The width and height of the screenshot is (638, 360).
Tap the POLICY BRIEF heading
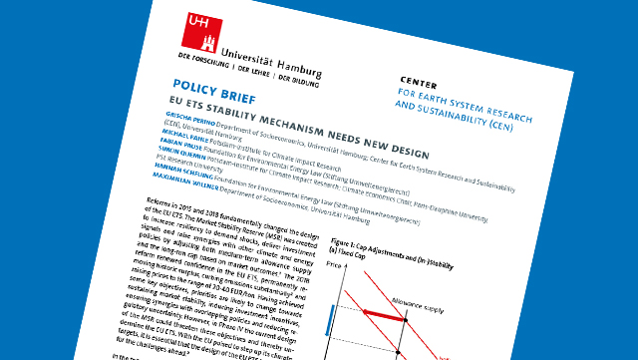click(x=213, y=90)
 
